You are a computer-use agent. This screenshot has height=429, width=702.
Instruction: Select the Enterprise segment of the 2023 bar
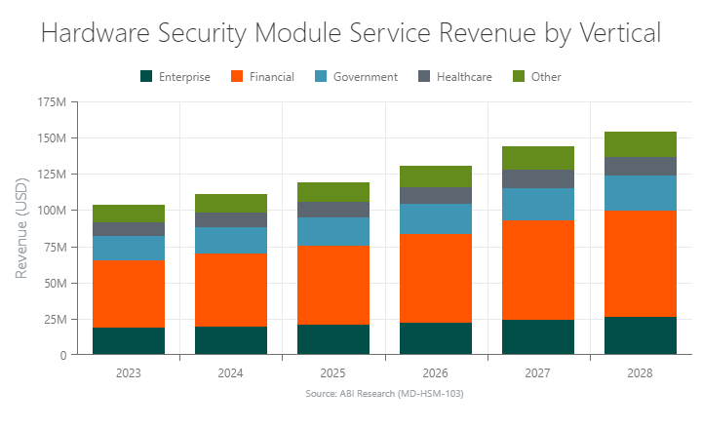coord(129,340)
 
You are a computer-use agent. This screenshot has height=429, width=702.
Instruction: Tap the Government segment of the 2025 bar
coord(333,231)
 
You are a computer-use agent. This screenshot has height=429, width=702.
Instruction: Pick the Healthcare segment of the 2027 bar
coord(538,178)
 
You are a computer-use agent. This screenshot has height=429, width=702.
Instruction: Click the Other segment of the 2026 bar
coord(436,176)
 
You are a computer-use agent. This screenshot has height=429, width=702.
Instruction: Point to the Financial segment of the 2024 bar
coord(231,290)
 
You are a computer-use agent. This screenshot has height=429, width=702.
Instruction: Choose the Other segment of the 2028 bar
coord(640,144)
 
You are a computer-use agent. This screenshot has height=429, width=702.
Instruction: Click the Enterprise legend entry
coord(175,76)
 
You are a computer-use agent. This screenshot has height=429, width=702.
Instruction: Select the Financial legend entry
coord(262,76)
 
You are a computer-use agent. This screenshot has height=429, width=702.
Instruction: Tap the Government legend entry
coord(356,76)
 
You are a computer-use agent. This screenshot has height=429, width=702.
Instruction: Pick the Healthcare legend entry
coord(454,76)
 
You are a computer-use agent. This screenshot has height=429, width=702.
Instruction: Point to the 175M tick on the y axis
coord(51,101)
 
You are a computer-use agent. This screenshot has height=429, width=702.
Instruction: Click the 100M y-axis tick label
coord(51,210)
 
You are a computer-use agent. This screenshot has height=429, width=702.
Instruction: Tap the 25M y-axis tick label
coord(54,319)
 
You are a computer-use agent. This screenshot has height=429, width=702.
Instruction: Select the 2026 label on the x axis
coord(436,372)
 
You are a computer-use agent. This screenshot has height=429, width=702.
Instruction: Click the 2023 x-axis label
coord(129,372)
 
